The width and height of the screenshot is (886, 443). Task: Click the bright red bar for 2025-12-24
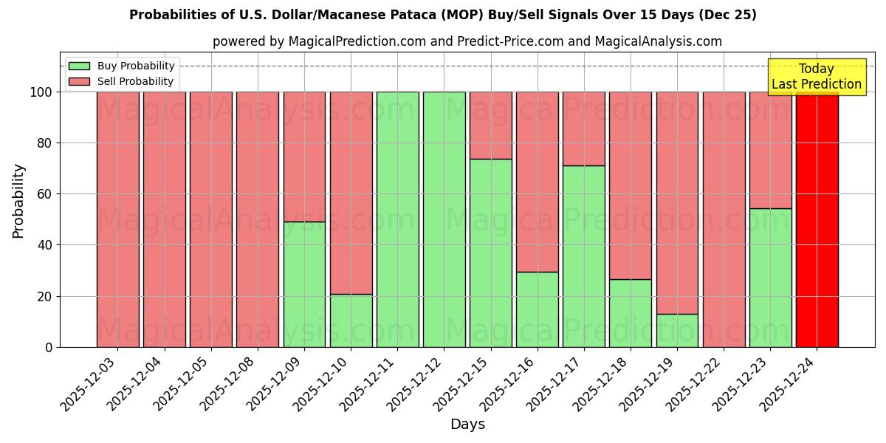pyautogui.click(x=817, y=219)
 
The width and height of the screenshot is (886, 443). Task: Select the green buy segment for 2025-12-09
pyautogui.click(x=304, y=284)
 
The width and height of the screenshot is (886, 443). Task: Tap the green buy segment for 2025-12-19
pyautogui.click(x=677, y=330)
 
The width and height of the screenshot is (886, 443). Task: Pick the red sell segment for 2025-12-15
pyautogui.click(x=490, y=126)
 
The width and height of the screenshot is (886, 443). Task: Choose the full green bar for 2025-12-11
pyautogui.click(x=397, y=219)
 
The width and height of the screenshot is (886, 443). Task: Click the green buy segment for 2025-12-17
pyautogui.click(x=583, y=256)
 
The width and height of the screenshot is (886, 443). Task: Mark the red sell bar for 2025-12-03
pyautogui.click(x=117, y=219)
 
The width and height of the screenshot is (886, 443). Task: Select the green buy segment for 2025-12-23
pyautogui.click(x=770, y=278)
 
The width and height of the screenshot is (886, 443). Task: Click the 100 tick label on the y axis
pyautogui.click(x=41, y=92)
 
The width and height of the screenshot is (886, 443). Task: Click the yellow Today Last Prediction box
pyautogui.click(x=816, y=77)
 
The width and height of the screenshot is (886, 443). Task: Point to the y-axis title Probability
pyautogui.click(x=18, y=200)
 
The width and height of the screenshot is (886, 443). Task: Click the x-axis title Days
pyautogui.click(x=467, y=425)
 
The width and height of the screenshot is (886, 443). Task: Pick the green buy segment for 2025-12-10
pyautogui.click(x=351, y=320)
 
